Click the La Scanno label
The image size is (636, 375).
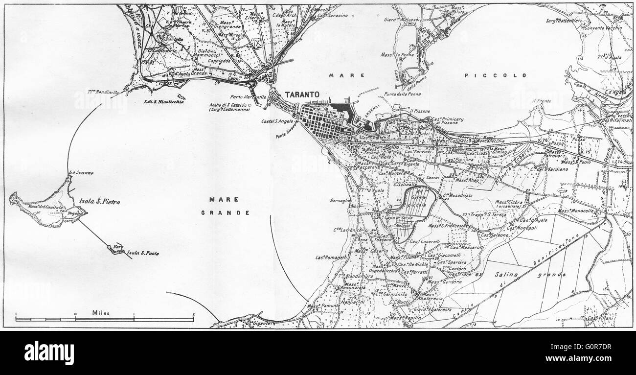pyautogui.click(x=81, y=173)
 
